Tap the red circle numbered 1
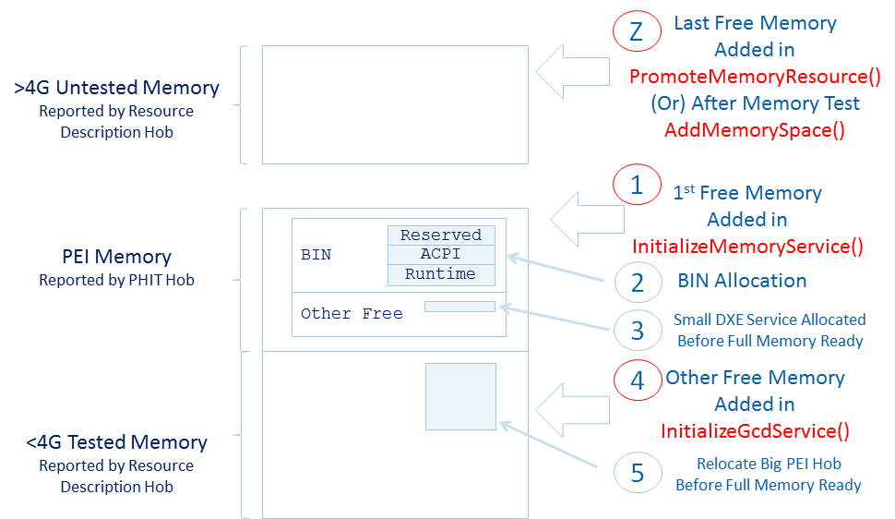(x=637, y=186)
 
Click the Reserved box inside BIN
(x=441, y=235)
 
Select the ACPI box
(x=441, y=254)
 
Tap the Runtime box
(x=441, y=274)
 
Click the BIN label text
(x=316, y=254)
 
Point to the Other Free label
(x=352, y=314)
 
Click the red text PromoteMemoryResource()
(x=755, y=76)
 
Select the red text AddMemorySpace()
(x=755, y=130)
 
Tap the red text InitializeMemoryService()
(x=747, y=247)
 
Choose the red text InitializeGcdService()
(x=755, y=431)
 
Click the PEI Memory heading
(x=116, y=257)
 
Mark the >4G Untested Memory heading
(x=116, y=89)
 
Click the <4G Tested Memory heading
(x=116, y=442)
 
